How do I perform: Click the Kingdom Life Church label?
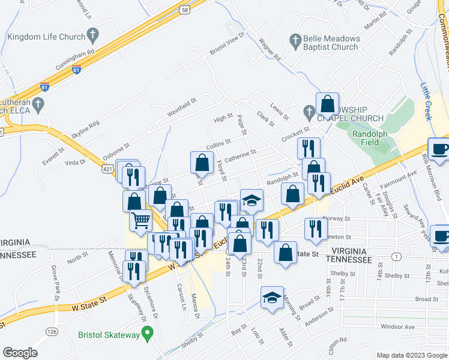(46, 37)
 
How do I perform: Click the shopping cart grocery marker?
(140, 220)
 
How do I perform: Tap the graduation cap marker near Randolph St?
(252, 200)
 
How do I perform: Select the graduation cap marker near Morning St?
(272, 298)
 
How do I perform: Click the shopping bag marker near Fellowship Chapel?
(328, 104)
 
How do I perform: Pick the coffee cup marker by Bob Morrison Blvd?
(439, 150)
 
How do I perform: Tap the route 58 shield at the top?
(185, 10)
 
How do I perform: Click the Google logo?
(20, 353)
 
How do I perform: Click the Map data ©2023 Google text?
(411, 355)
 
